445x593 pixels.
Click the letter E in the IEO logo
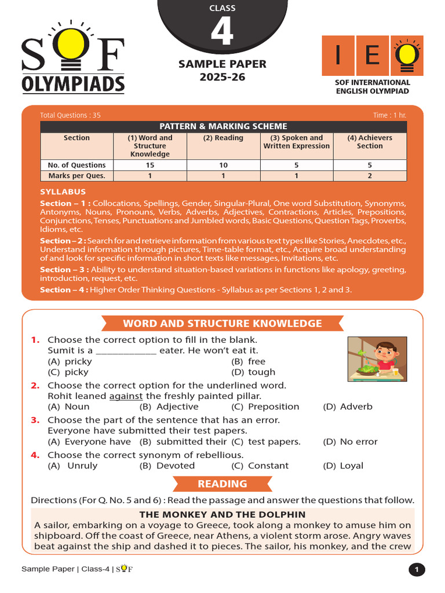[373, 56]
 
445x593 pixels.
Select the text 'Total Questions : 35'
[70, 115]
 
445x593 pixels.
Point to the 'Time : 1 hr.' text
[389, 115]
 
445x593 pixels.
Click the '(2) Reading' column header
[223, 138]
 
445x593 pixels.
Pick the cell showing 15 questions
[151, 165]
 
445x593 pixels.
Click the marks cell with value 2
[369, 176]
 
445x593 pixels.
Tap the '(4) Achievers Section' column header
[369, 142]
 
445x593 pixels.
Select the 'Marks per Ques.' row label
[76, 176]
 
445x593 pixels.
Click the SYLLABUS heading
[63, 192]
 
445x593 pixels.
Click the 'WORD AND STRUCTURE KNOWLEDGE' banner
[222, 323]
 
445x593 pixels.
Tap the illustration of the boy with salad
[371, 358]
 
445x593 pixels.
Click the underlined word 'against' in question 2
[126, 396]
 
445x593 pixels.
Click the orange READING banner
[222, 484]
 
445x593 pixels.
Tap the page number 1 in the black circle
[416, 570]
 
